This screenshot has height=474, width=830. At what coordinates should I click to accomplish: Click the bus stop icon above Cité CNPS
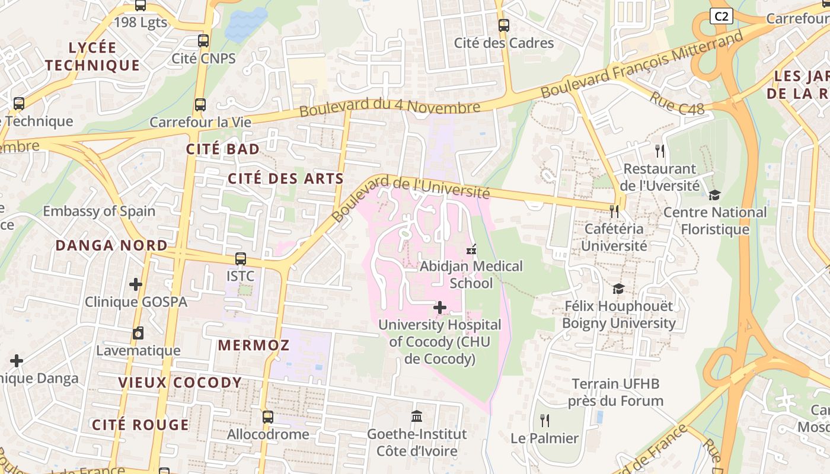click(203, 41)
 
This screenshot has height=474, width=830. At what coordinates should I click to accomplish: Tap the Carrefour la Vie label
click(200, 122)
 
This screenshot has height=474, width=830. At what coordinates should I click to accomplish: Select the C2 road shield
click(721, 17)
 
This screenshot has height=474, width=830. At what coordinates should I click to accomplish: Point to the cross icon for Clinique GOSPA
click(136, 284)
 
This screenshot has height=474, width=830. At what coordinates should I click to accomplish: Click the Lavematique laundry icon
click(138, 333)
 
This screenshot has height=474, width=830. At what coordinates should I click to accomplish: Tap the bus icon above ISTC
click(240, 259)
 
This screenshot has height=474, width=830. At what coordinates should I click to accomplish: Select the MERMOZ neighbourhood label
click(253, 345)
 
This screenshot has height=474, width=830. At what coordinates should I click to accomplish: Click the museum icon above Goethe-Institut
click(417, 417)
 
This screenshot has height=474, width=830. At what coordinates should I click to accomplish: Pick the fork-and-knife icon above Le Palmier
click(545, 421)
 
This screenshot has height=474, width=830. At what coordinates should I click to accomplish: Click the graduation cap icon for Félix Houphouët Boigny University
click(618, 289)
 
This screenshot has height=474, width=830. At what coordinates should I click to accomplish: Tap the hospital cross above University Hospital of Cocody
click(440, 308)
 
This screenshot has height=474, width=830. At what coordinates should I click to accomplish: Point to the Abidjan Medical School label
click(471, 275)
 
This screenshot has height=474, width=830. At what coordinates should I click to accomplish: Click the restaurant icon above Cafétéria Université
click(614, 211)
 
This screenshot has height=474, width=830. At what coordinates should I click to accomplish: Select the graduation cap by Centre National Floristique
click(715, 195)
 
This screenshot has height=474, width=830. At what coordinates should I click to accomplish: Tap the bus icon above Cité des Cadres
click(503, 25)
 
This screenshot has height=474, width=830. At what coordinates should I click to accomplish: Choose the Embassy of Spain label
click(99, 211)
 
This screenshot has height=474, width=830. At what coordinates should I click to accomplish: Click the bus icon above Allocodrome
click(268, 417)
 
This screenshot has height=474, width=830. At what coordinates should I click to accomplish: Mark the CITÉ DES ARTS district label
click(286, 178)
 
